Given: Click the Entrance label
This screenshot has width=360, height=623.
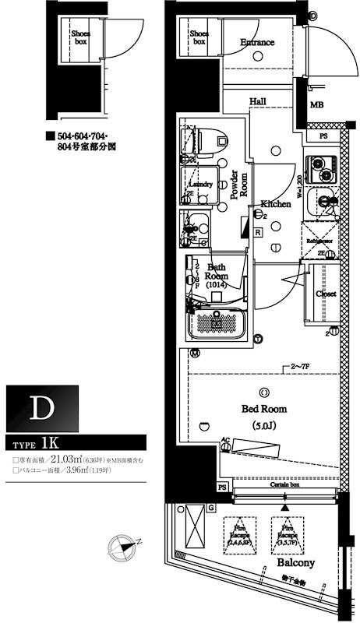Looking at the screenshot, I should (x=257, y=42).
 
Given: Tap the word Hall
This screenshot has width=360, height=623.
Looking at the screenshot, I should (x=259, y=101).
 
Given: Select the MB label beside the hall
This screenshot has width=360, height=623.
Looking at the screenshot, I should (x=317, y=104).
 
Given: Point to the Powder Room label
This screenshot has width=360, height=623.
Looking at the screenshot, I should (x=238, y=185).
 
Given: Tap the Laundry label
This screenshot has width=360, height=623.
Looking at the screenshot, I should (x=201, y=184).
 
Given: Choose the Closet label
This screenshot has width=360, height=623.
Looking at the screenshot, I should (x=326, y=294).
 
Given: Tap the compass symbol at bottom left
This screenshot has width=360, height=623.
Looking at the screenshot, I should (x=122, y=546).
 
